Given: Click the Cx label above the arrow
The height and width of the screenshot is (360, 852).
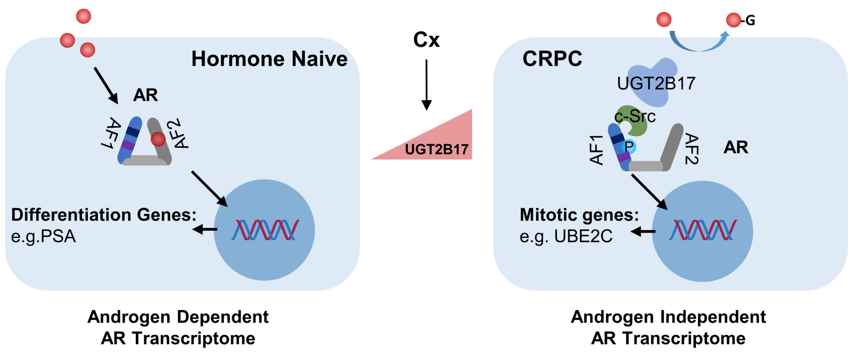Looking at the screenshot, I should pos(426,40).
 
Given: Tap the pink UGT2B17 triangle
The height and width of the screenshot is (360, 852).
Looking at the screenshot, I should pos(441,144).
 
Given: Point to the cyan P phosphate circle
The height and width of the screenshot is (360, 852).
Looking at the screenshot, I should pos(629,146).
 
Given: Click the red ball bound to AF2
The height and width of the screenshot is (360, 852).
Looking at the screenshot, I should pos(158,139).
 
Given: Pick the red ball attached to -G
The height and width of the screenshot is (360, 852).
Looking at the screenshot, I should pos(733,20).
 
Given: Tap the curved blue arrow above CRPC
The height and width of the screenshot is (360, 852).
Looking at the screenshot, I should pos(699,43).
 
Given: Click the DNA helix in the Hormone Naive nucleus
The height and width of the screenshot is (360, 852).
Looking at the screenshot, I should pos(265,230).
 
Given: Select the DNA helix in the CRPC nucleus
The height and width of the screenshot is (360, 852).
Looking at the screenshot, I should pos(703,230).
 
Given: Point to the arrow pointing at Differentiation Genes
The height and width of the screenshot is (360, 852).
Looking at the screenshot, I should pos(205,229).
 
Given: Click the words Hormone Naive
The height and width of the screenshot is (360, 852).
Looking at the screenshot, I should pos(269,59).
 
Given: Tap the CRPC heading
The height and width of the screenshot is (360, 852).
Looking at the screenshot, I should pos(552,59).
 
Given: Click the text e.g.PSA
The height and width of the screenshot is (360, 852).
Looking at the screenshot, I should pos(43,236).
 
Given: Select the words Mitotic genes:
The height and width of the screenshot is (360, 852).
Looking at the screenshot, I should pos(579,215).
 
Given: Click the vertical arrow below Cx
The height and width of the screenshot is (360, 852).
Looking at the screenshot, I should pos(426,85).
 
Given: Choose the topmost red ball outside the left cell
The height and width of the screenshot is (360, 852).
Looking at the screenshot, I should pos(83,17).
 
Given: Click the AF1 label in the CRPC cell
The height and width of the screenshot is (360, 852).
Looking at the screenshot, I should pos(597,150).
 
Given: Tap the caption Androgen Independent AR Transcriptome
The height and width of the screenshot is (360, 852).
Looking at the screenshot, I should pos(668,328).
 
